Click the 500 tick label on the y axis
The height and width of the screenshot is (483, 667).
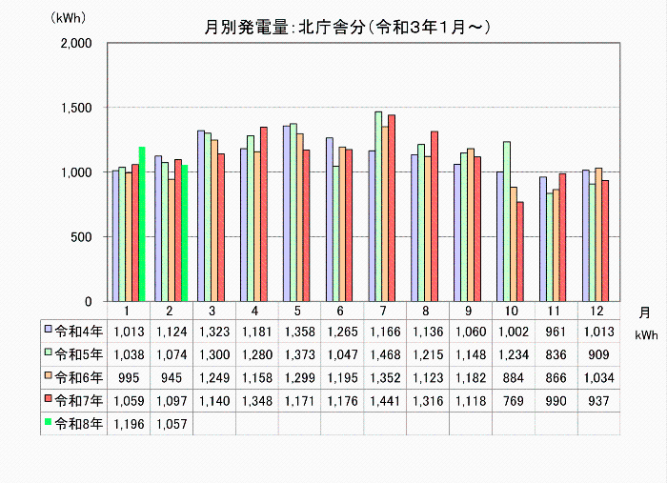[79, 237]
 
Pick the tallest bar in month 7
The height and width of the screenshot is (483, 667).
[378, 207]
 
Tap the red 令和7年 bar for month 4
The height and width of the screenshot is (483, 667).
[263, 213]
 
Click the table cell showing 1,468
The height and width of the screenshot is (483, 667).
[385, 353]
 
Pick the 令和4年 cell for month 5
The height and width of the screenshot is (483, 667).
[299, 330]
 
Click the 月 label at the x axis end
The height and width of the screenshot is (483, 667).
[645, 312]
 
